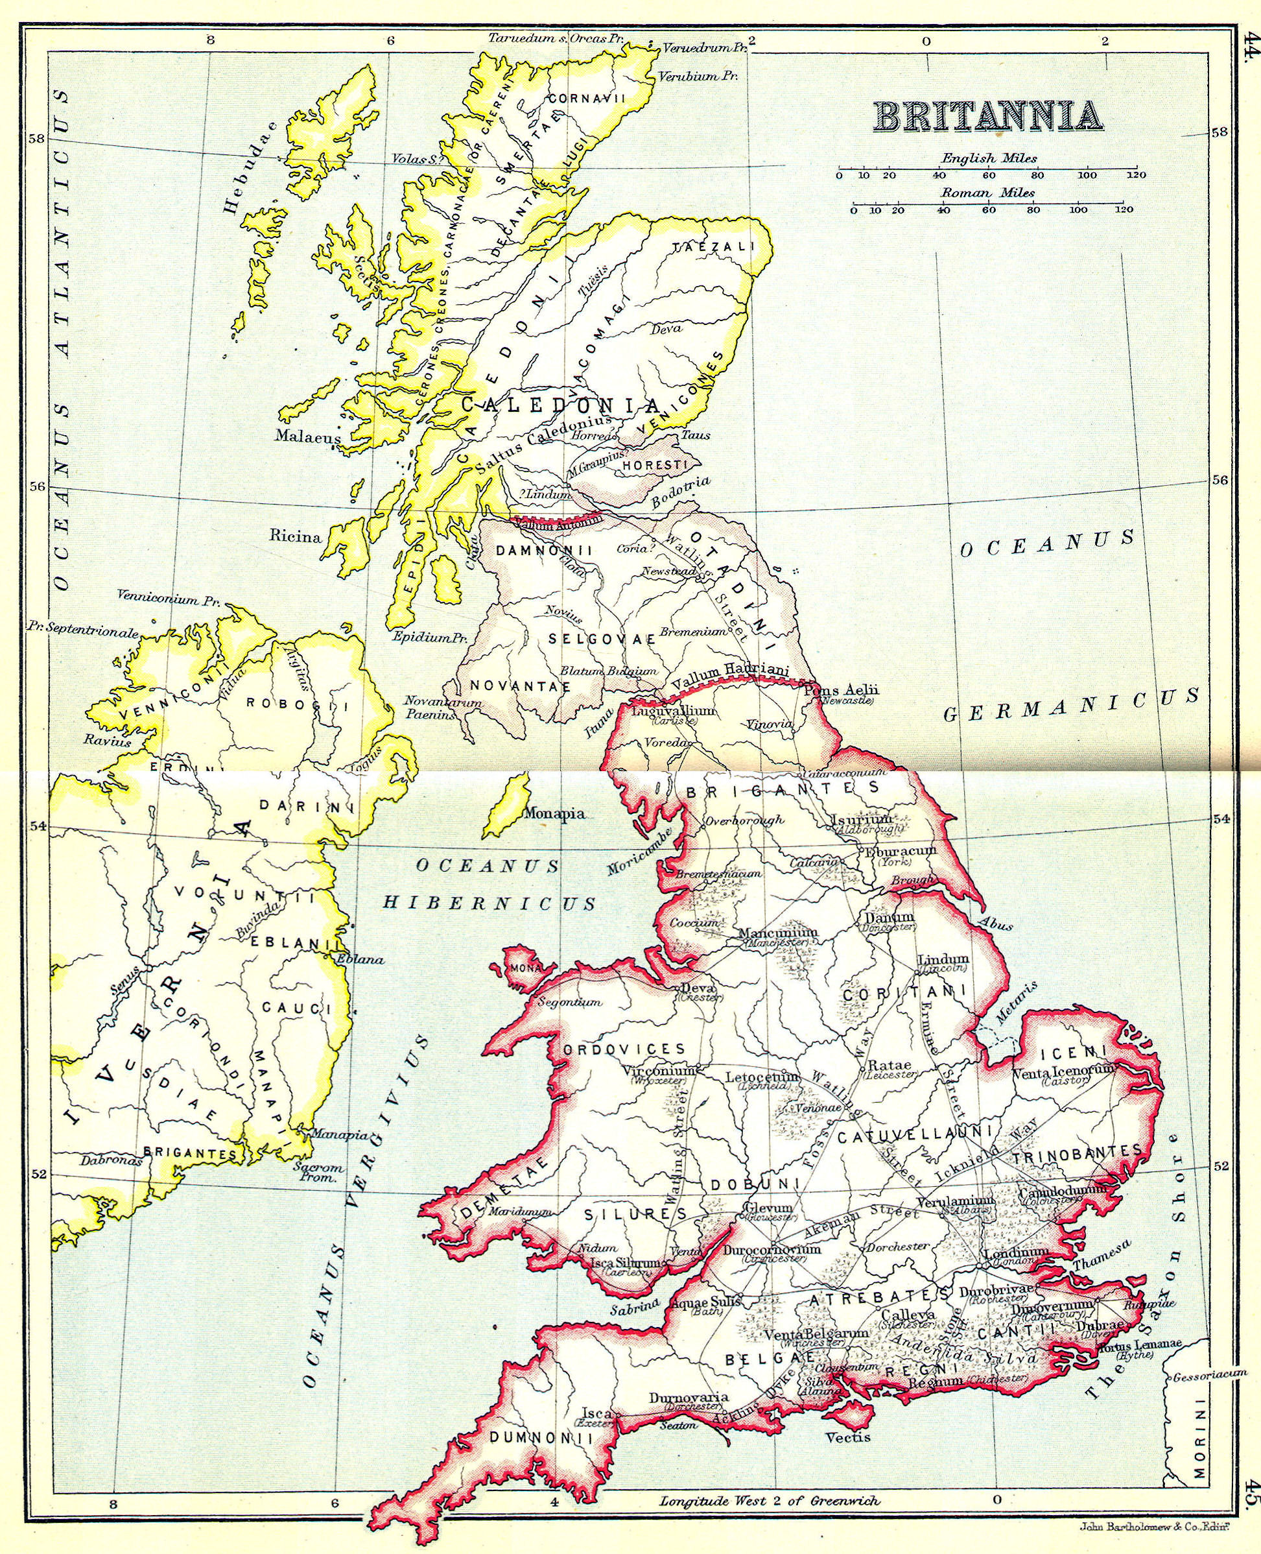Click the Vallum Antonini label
coord(556,523)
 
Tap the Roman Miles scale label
coord(988,193)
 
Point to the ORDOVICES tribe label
coord(623,1049)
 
